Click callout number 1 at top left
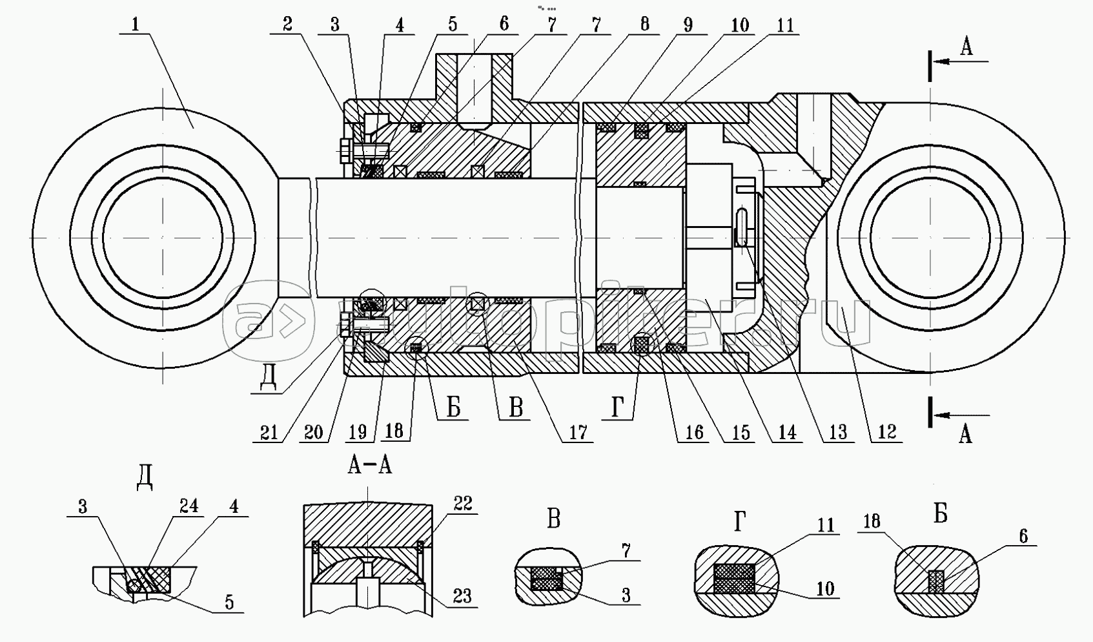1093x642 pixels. pyautogui.click(x=135, y=26)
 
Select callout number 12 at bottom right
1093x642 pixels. pyautogui.click(x=886, y=432)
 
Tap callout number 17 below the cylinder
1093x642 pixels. pyautogui.click(x=578, y=432)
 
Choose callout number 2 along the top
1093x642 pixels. pyautogui.click(x=287, y=25)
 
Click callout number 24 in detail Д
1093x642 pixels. pyautogui.click(x=189, y=506)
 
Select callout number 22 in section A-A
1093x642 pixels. pyautogui.click(x=463, y=504)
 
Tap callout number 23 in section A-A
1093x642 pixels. pyautogui.click(x=463, y=595)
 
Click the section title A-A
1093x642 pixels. pyautogui.click(x=369, y=466)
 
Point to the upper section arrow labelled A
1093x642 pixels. pyautogui.click(x=966, y=47)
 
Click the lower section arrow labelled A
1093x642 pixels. pyautogui.click(x=965, y=435)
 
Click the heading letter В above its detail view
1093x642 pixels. pyautogui.click(x=553, y=519)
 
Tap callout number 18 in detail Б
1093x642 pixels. pyautogui.click(x=872, y=522)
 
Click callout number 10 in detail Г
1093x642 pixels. pyautogui.click(x=825, y=588)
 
